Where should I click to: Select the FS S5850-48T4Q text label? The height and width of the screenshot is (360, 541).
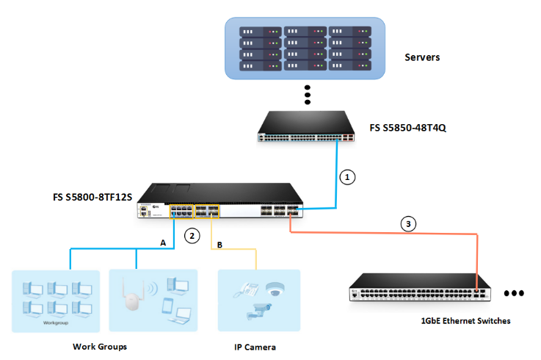pyautogui.click(x=408, y=128)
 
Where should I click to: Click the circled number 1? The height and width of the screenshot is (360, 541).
pyautogui.click(x=349, y=177)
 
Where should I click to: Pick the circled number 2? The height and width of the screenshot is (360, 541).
pyautogui.click(x=192, y=236)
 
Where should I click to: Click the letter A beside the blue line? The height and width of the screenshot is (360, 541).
pyautogui.click(x=163, y=241)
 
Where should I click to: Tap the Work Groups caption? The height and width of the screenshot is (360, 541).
pyautogui.click(x=99, y=346)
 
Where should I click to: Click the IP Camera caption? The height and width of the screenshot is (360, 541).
pyautogui.click(x=254, y=346)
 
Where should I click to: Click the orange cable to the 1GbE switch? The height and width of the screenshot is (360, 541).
pyautogui.click(x=382, y=233)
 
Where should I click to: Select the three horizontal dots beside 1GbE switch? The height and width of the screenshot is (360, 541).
pyautogui.click(x=513, y=293)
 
